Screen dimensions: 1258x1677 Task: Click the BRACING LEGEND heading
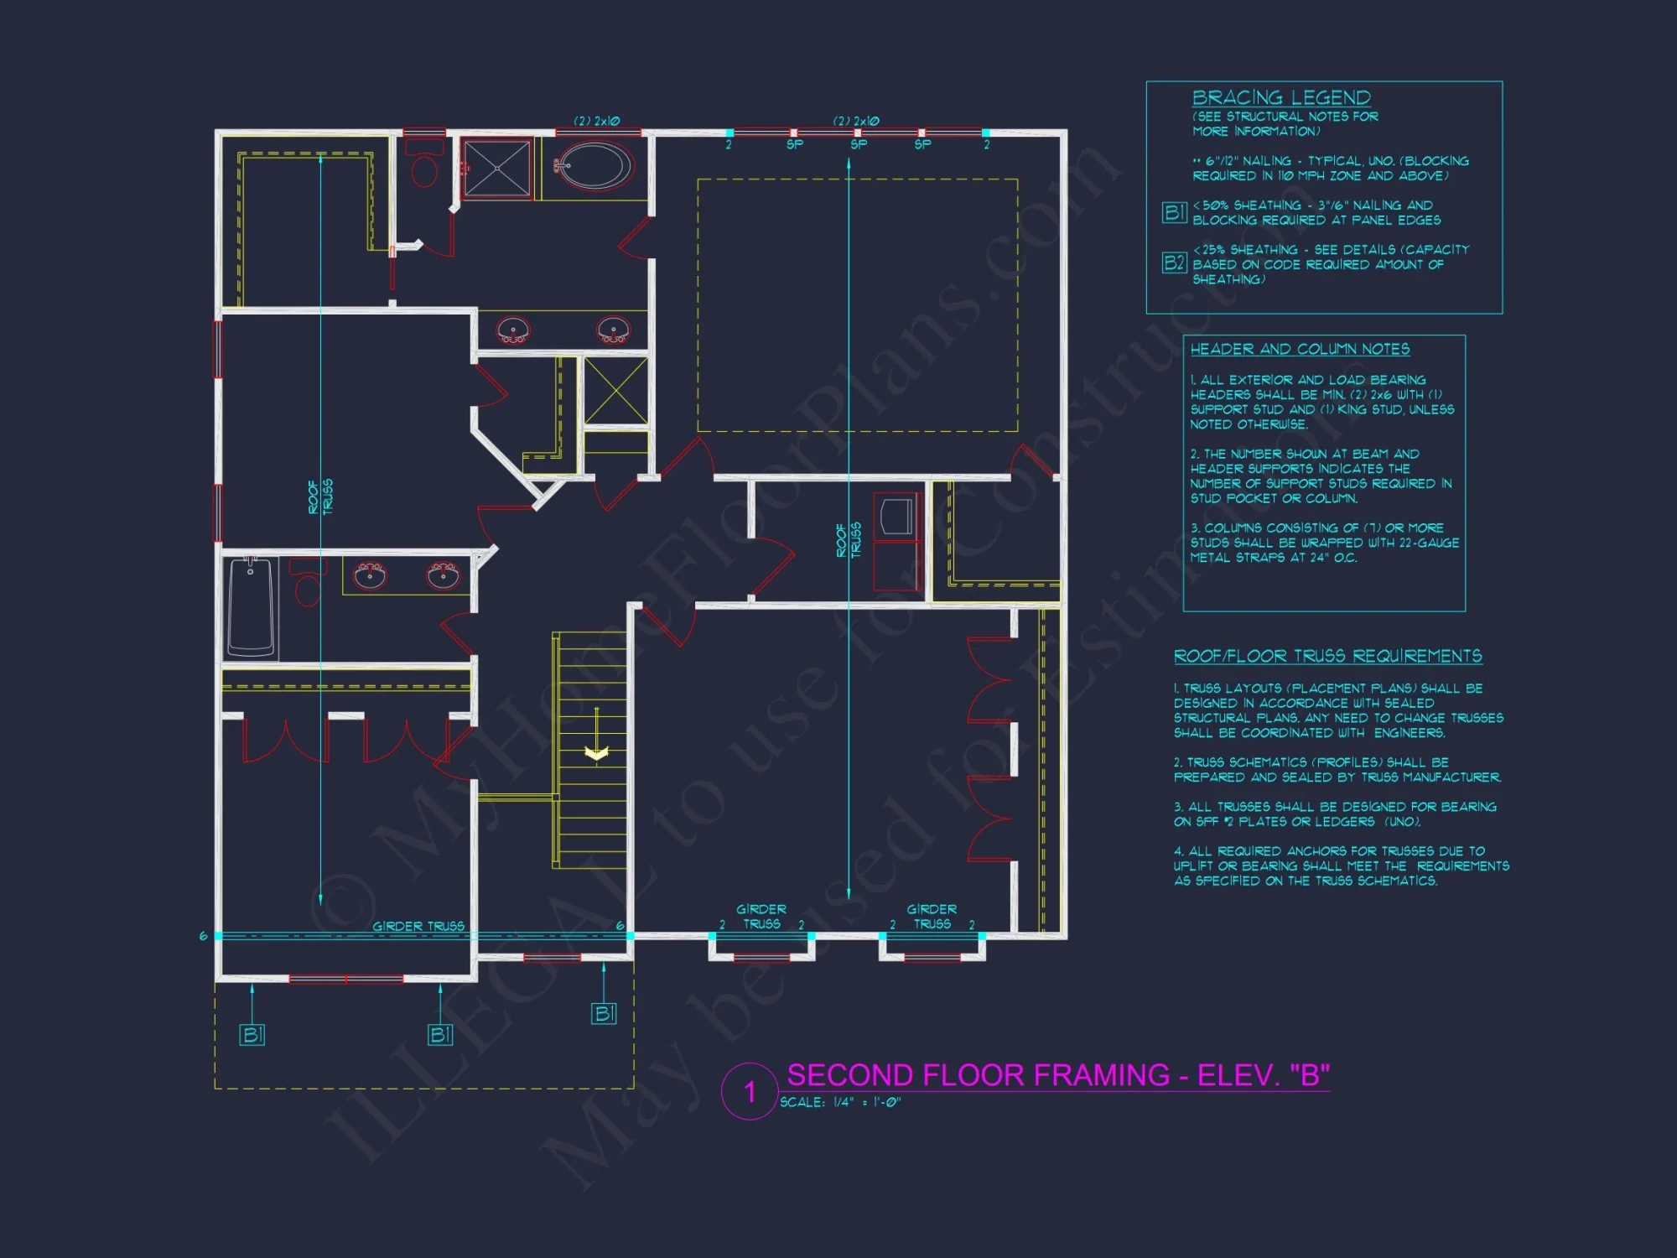[x=1281, y=98]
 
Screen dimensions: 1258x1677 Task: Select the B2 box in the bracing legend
[x=1174, y=263]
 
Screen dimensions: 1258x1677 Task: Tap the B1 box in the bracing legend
[x=1174, y=212]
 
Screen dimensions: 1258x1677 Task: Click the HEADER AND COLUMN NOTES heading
[x=1300, y=349]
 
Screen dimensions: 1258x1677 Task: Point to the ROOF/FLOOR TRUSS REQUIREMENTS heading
[x=1327, y=656]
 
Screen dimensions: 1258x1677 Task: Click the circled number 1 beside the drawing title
[x=750, y=1091]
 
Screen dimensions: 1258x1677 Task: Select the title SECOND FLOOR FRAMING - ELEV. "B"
[x=1057, y=1075]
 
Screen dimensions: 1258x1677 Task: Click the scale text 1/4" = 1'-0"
[x=840, y=1102]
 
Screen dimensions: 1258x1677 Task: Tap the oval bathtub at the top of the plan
[x=594, y=166]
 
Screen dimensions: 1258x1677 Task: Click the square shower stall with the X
[x=497, y=169]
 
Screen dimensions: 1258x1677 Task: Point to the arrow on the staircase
[x=596, y=751]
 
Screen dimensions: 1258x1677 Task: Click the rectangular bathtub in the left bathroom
[x=251, y=607]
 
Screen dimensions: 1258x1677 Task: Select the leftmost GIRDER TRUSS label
[x=418, y=926]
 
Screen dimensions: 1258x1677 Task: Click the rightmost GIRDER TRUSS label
[x=932, y=916]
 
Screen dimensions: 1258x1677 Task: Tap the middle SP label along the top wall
[x=859, y=144]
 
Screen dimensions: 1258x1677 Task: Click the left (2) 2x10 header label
[x=596, y=121]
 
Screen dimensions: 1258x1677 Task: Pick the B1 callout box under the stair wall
[x=604, y=1013]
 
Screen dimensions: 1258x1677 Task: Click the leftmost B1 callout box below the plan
[x=252, y=1034]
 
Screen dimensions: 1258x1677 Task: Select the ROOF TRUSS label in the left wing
[x=320, y=496]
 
